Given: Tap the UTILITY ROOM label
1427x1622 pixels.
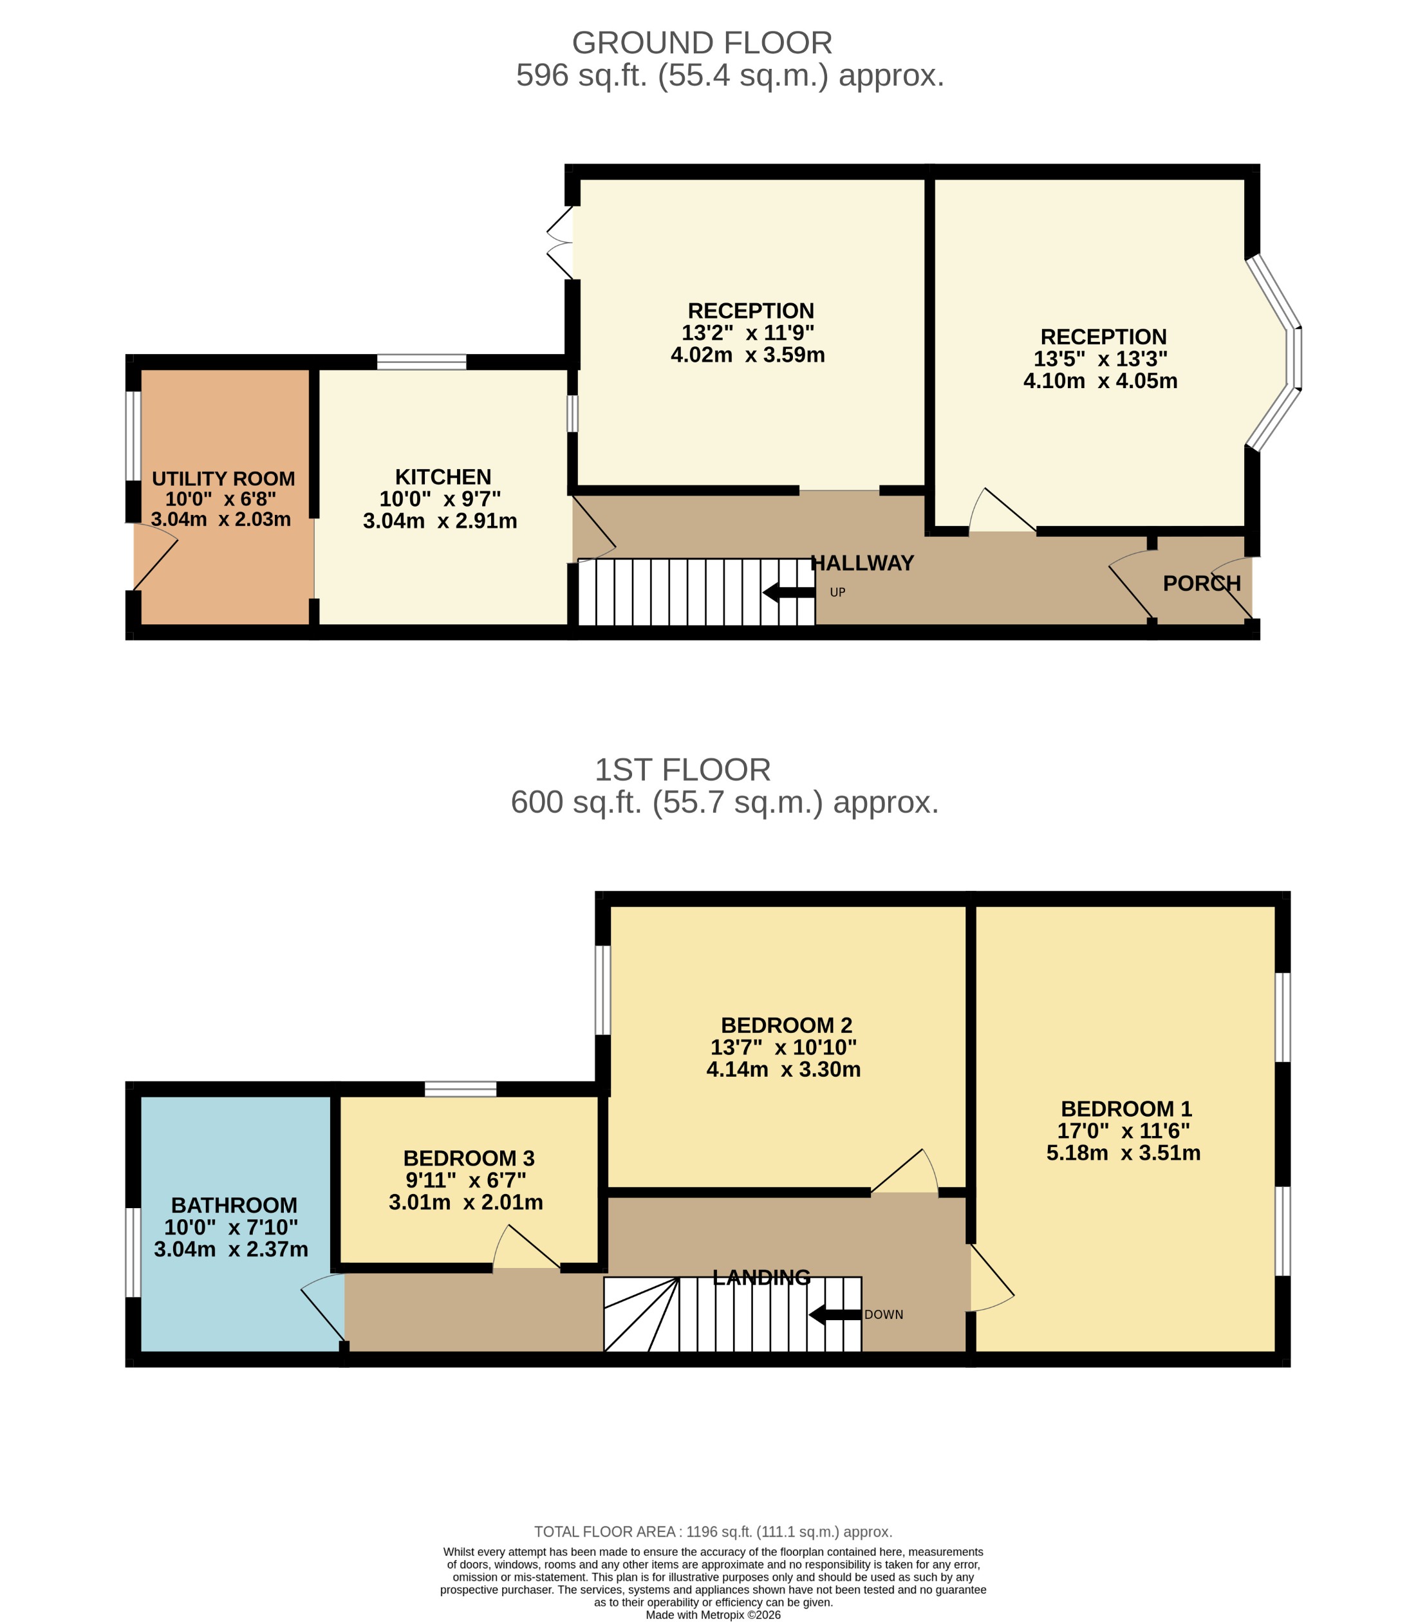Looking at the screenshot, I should pyautogui.click(x=223, y=478).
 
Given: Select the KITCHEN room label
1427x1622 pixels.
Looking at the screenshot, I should pyautogui.click(x=443, y=477).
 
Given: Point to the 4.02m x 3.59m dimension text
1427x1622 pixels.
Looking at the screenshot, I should pyautogui.click(x=748, y=355).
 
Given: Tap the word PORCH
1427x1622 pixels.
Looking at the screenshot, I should pyautogui.click(x=1201, y=583).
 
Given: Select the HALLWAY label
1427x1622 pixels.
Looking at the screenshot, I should pyautogui.click(x=863, y=563).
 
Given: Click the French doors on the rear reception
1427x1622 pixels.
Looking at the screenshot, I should pyautogui.click(x=561, y=243).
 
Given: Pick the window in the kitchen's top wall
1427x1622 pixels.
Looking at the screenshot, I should pyautogui.click(x=422, y=362).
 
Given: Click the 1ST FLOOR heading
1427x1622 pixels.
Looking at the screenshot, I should pyautogui.click(x=682, y=770).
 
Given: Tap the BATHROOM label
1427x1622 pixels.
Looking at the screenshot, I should pyautogui.click(x=234, y=1206).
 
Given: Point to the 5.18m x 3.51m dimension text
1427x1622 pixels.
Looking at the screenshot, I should pyautogui.click(x=1123, y=1153).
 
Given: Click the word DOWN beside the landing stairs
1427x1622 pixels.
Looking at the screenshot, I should pyautogui.click(x=883, y=1314).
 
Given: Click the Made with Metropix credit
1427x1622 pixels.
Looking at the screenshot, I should pyautogui.click(x=713, y=1614).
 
